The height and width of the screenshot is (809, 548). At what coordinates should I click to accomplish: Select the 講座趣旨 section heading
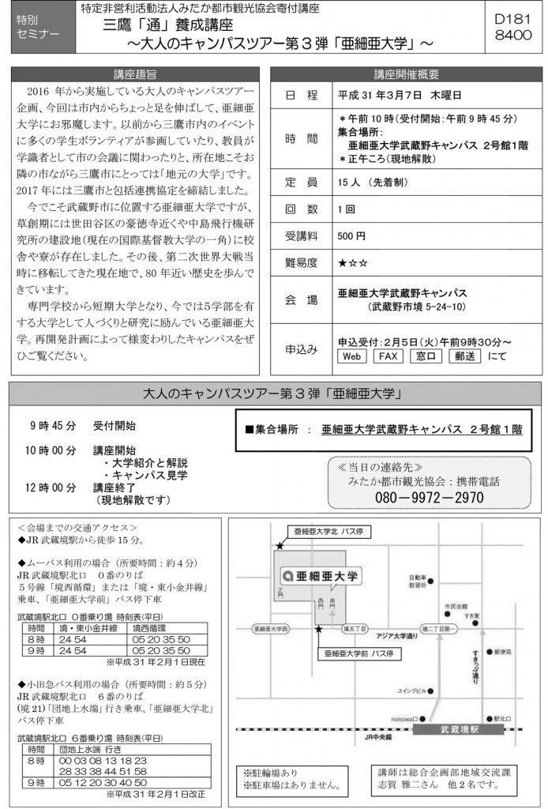point(134,75)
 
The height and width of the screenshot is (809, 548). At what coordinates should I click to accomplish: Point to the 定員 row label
point(302,182)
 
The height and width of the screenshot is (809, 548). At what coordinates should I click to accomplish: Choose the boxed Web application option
point(352,356)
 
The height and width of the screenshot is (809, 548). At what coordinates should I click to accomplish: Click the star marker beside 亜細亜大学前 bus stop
point(318,629)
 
